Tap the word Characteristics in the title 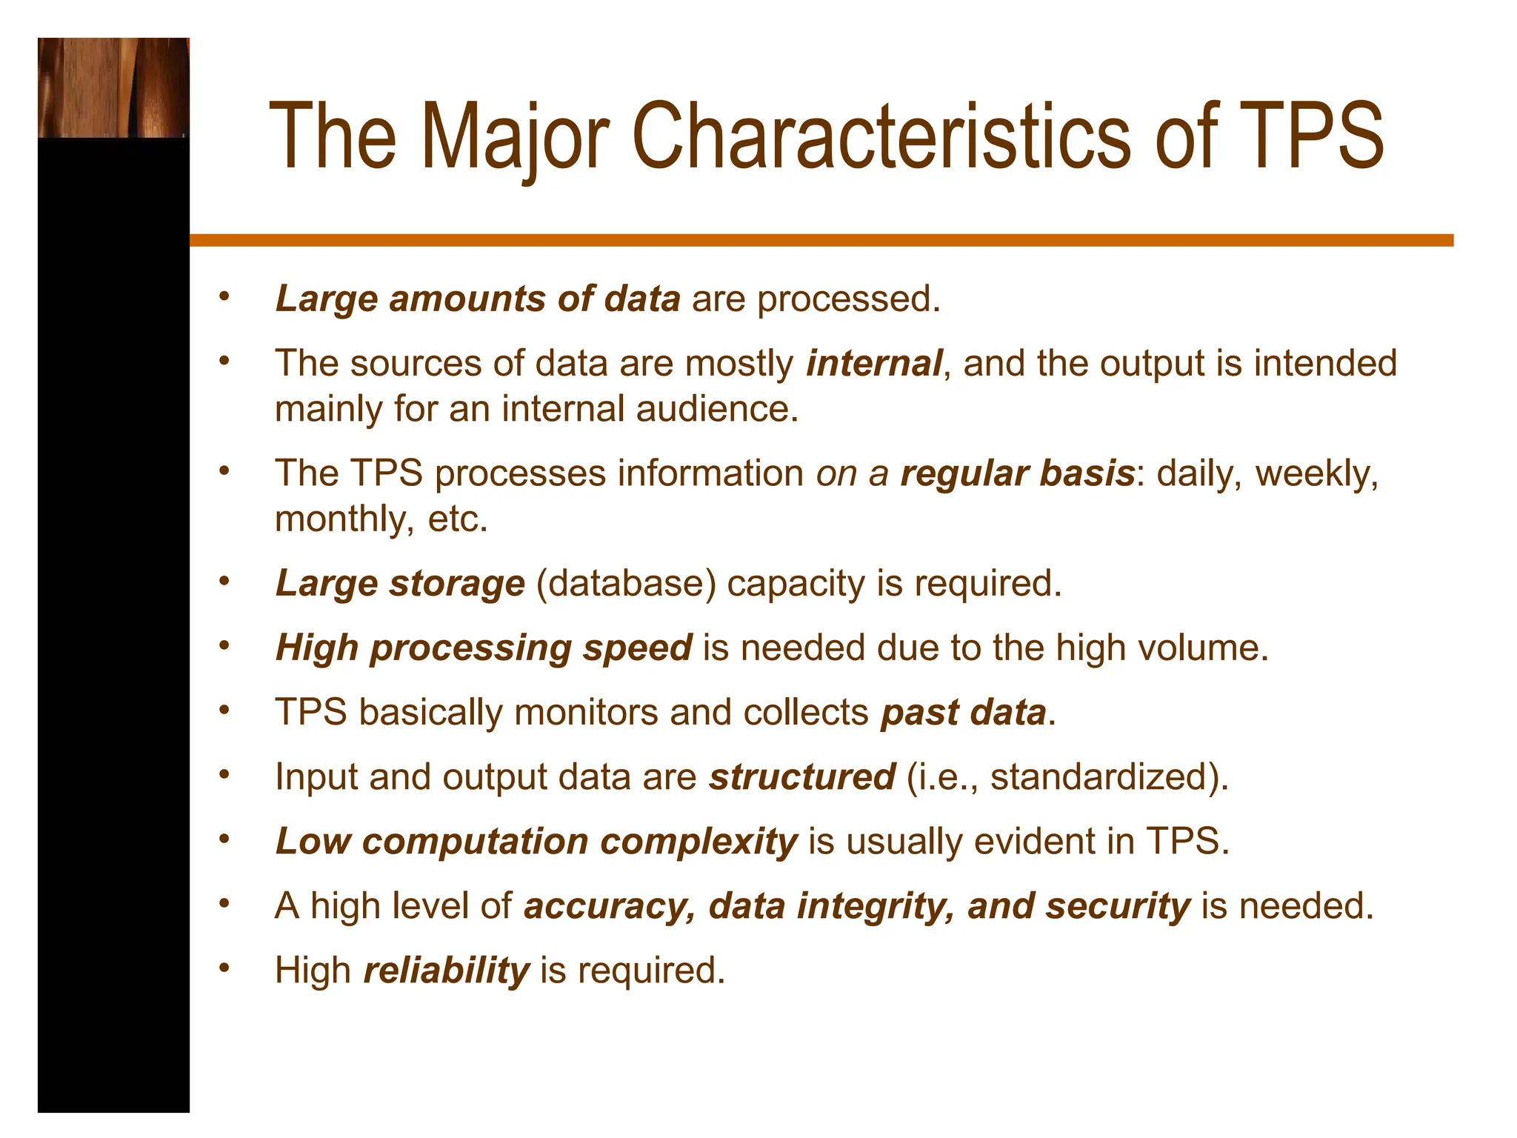point(881,137)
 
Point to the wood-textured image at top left point(113,87)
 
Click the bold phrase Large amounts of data point(478,299)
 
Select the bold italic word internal point(874,364)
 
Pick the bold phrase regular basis point(1017,473)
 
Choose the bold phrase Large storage point(400,583)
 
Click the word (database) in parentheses point(626,583)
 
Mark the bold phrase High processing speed point(484,648)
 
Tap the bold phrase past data point(963,713)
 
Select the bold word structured point(802,777)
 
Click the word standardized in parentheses point(1100,777)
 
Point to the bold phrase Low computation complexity point(536,842)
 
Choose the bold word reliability point(447,971)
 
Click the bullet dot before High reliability point(224,968)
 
